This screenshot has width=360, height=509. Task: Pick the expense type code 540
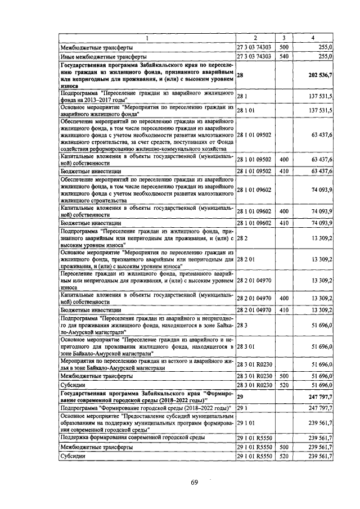pyautogui.click(x=283, y=56)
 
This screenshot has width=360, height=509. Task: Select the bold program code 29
pyautogui.click(x=240, y=397)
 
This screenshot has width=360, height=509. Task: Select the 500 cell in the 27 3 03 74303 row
pyautogui.click(x=283, y=48)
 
